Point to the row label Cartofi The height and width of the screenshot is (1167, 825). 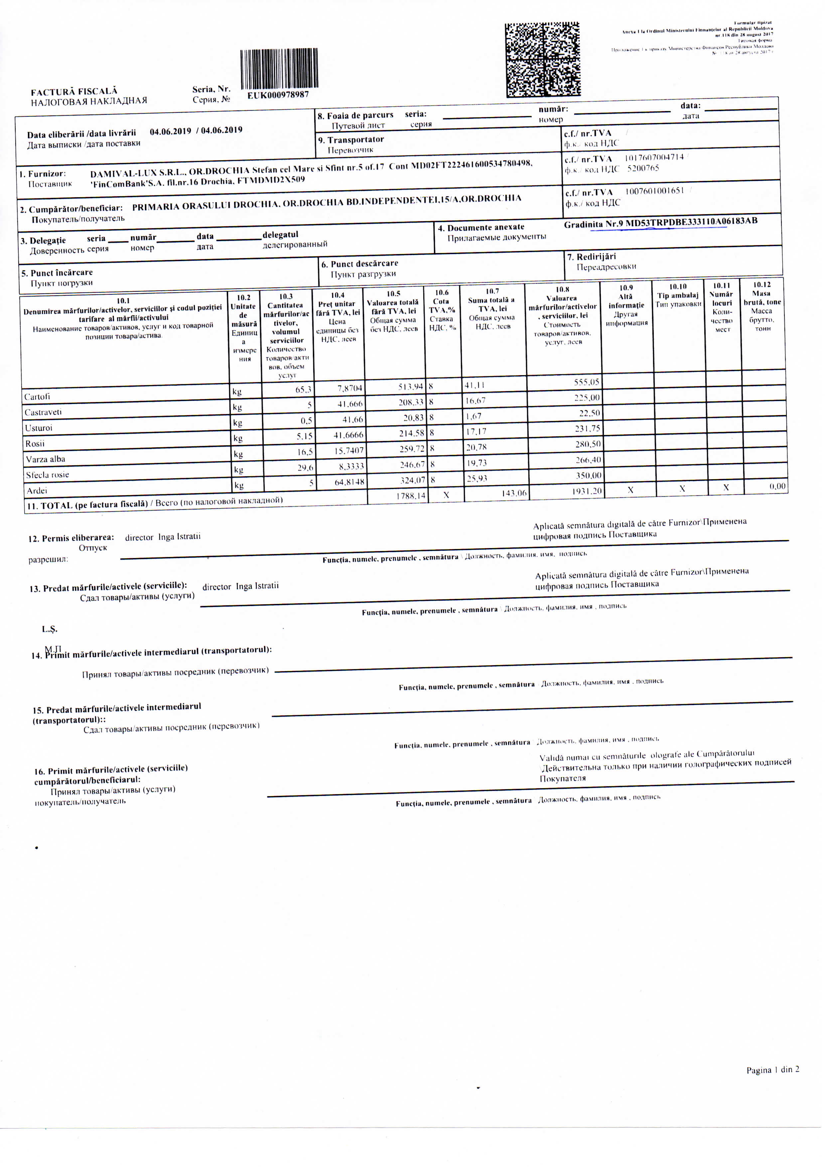[37, 396]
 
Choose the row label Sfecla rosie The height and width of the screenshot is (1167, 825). [47, 475]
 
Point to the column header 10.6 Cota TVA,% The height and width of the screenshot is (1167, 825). [442, 310]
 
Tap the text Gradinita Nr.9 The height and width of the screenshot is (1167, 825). [593, 223]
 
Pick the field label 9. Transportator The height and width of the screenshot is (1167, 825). [351, 140]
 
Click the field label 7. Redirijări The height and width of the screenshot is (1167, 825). [591, 257]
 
